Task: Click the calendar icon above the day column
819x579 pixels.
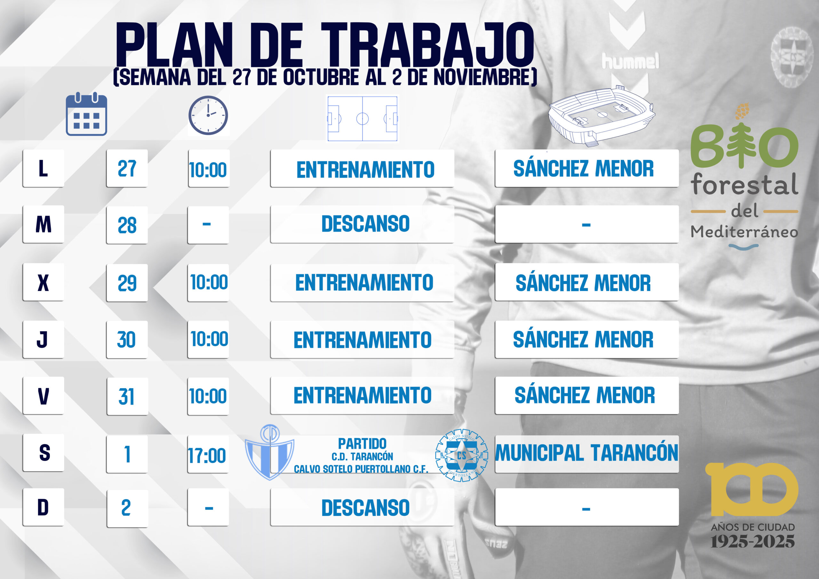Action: tap(86, 114)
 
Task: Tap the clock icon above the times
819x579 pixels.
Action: tap(208, 115)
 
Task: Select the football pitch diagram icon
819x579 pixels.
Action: tap(362, 118)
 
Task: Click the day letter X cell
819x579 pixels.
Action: tap(44, 282)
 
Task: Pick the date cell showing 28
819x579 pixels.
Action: tap(127, 225)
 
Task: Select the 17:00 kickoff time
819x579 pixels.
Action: tap(207, 456)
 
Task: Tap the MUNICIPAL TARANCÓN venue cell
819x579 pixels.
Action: tap(587, 453)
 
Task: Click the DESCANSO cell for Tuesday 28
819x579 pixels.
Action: tap(362, 224)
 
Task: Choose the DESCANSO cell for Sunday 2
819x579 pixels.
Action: tap(362, 507)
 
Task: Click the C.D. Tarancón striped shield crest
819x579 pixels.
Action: tap(270, 452)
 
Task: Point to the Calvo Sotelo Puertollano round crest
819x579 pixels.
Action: tap(462, 455)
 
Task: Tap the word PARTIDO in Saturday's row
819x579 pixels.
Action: tap(362, 444)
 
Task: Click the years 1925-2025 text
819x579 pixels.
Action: tap(753, 542)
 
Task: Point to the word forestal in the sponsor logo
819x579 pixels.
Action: tap(745, 184)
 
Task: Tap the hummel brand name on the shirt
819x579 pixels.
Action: tap(630, 61)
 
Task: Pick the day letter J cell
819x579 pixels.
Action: tap(44, 340)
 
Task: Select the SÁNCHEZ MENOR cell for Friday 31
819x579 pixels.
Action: tap(587, 395)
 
